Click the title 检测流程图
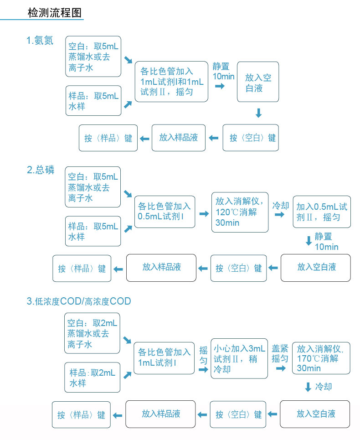55,13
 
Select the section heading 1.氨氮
40,41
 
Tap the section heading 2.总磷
41,170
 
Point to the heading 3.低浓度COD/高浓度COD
79,301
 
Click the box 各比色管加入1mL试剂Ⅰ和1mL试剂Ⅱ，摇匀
171,82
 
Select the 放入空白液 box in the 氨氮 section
258,82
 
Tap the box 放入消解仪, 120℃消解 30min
240,212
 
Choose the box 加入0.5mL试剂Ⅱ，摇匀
322,212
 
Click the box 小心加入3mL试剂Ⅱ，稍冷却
239,359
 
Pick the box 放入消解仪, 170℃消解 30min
321,358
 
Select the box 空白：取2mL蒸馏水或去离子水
92,333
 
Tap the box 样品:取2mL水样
92,378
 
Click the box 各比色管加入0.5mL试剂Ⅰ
165,212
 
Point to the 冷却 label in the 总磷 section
281,206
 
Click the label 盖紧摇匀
280,353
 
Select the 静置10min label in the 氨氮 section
223,71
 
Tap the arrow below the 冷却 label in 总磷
279,215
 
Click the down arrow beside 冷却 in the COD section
308,387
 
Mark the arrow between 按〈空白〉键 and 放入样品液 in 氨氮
214,138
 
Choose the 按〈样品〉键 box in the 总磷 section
82,269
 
